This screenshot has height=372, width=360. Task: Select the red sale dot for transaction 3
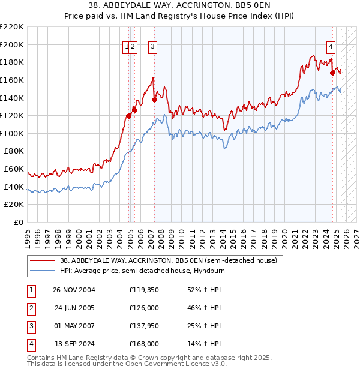point(154,100)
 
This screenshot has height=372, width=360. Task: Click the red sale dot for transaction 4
point(332,73)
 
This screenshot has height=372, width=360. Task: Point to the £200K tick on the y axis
point(13,44)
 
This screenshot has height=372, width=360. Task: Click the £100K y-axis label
point(13,133)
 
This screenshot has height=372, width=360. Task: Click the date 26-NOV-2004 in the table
point(74,290)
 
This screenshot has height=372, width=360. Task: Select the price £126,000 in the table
point(144,308)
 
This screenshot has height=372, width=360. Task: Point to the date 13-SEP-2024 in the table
point(74,344)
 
